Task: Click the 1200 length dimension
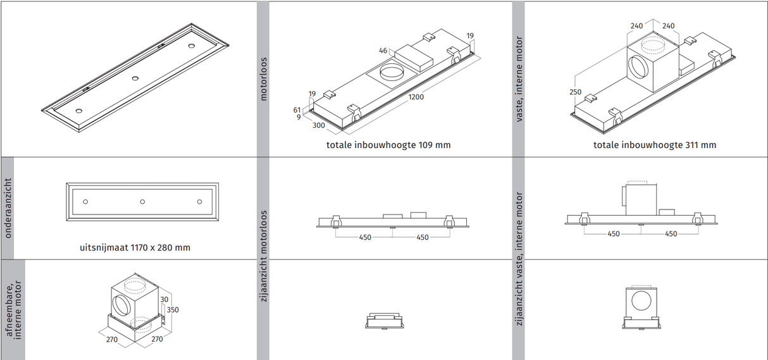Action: (x=416, y=97)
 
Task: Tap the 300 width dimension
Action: (x=318, y=125)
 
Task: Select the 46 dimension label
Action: (x=383, y=51)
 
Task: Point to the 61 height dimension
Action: (x=297, y=110)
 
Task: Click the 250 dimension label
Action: (x=575, y=92)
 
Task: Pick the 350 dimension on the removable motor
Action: (x=173, y=310)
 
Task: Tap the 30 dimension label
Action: (x=164, y=299)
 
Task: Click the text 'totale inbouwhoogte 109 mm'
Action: (x=388, y=145)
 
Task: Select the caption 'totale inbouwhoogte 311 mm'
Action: (x=655, y=145)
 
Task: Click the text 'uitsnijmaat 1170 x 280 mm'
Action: (x=135, y=247)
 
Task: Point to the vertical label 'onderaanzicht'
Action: (x=8, y=208)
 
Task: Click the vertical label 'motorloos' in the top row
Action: (x=263, y=79)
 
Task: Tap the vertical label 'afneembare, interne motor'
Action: (x=13, y=310)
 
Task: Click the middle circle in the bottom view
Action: (x=142, y=202)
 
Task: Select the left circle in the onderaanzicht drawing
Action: (x=85, y=202)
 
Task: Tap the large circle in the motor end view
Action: (x=641, y=301)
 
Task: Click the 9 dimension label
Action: (x=299, y=117)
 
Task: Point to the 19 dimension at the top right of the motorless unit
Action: (x=470, y=35)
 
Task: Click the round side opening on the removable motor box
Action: (x=120, y=304)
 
